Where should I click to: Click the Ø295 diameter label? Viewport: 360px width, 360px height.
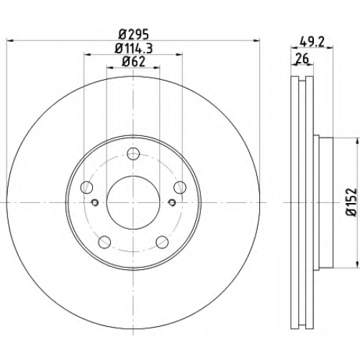pos(134,35)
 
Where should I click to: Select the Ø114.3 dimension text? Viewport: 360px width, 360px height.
pos(134,48)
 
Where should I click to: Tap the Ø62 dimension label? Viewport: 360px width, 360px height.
pos(134,62)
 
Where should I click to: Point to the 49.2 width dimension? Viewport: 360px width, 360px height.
pos(312,42)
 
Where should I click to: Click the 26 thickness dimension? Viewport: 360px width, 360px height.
pos(302,58)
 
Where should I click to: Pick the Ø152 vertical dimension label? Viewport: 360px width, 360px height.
pos(351,202)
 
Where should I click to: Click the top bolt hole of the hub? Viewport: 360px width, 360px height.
pos(133,154)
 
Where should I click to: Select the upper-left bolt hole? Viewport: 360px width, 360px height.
pos(86,187)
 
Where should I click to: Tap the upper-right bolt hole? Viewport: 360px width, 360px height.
pos(180,187)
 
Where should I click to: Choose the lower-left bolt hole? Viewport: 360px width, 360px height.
pos(104,242)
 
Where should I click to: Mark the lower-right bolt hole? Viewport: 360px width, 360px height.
pos(162,242)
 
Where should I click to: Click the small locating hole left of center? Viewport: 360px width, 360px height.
pos(95,202)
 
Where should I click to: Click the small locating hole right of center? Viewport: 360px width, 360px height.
pos(172,202)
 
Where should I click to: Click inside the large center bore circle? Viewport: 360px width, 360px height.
pos(133,202)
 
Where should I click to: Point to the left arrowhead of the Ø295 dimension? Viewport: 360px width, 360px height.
pos(10,41)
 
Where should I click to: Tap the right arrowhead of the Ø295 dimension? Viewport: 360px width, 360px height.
pos(256,41)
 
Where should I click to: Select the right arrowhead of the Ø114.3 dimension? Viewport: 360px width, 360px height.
pos(179,55)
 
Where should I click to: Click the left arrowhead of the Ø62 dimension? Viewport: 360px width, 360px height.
pos(110,68)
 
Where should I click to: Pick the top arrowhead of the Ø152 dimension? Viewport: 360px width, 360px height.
pos(357,141)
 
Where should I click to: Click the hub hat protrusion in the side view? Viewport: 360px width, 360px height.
pos(323,202)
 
